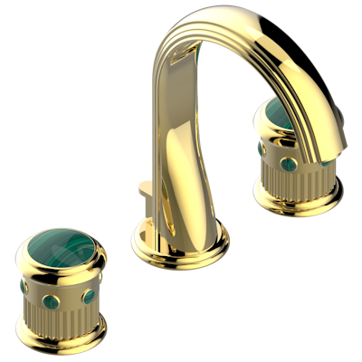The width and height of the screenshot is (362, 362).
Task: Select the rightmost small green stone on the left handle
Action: pyautogui.click(x=90, y=272)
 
